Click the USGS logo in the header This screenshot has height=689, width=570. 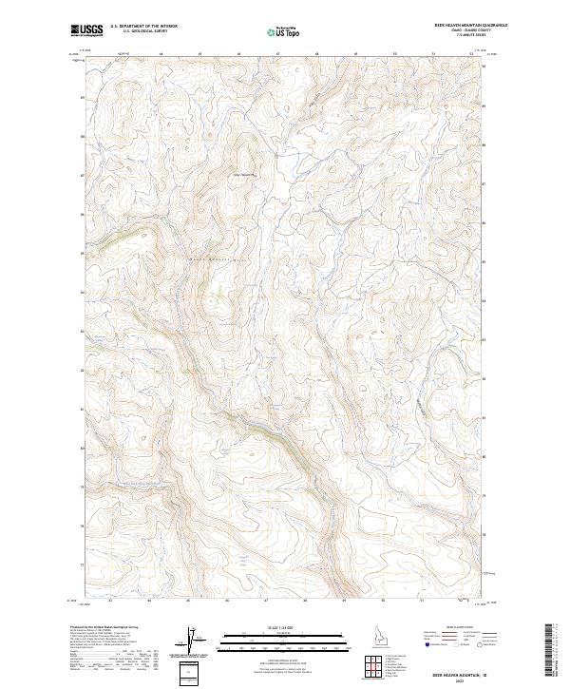click(86, 29)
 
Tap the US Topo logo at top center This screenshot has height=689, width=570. click(285, 31)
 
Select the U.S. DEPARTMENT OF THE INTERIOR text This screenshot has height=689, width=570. click(143, 27)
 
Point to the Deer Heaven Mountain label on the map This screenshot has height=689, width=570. click(245, 174)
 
